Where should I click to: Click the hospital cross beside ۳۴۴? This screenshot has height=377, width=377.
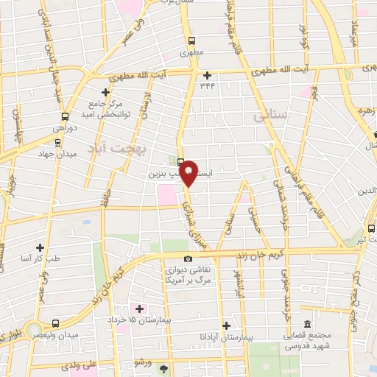[x=208, y=74]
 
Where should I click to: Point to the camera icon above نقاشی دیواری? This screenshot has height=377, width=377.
[x=188, y=258]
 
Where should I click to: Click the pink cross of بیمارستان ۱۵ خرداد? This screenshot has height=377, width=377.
[x=139, y=308]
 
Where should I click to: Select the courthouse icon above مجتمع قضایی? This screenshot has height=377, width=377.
[x=307, y=325]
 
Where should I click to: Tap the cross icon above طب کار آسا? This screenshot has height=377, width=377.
[x=39, y=247]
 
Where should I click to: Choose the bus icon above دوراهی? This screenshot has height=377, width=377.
[x=66, y=116]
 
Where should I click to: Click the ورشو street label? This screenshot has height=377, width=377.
[x=141, y=363]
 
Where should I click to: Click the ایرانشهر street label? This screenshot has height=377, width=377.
[x=237, y=283]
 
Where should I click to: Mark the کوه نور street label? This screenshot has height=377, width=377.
[x=303, y=37]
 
